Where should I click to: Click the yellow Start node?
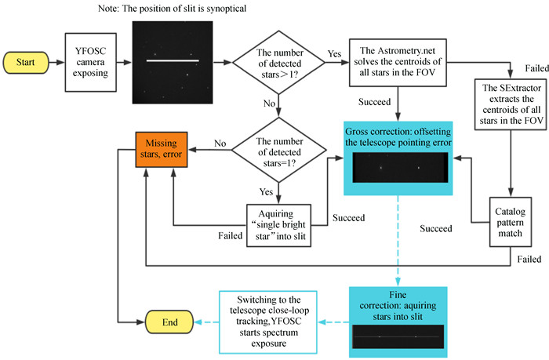point(26,61)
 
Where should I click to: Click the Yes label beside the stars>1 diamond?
point(334,54)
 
